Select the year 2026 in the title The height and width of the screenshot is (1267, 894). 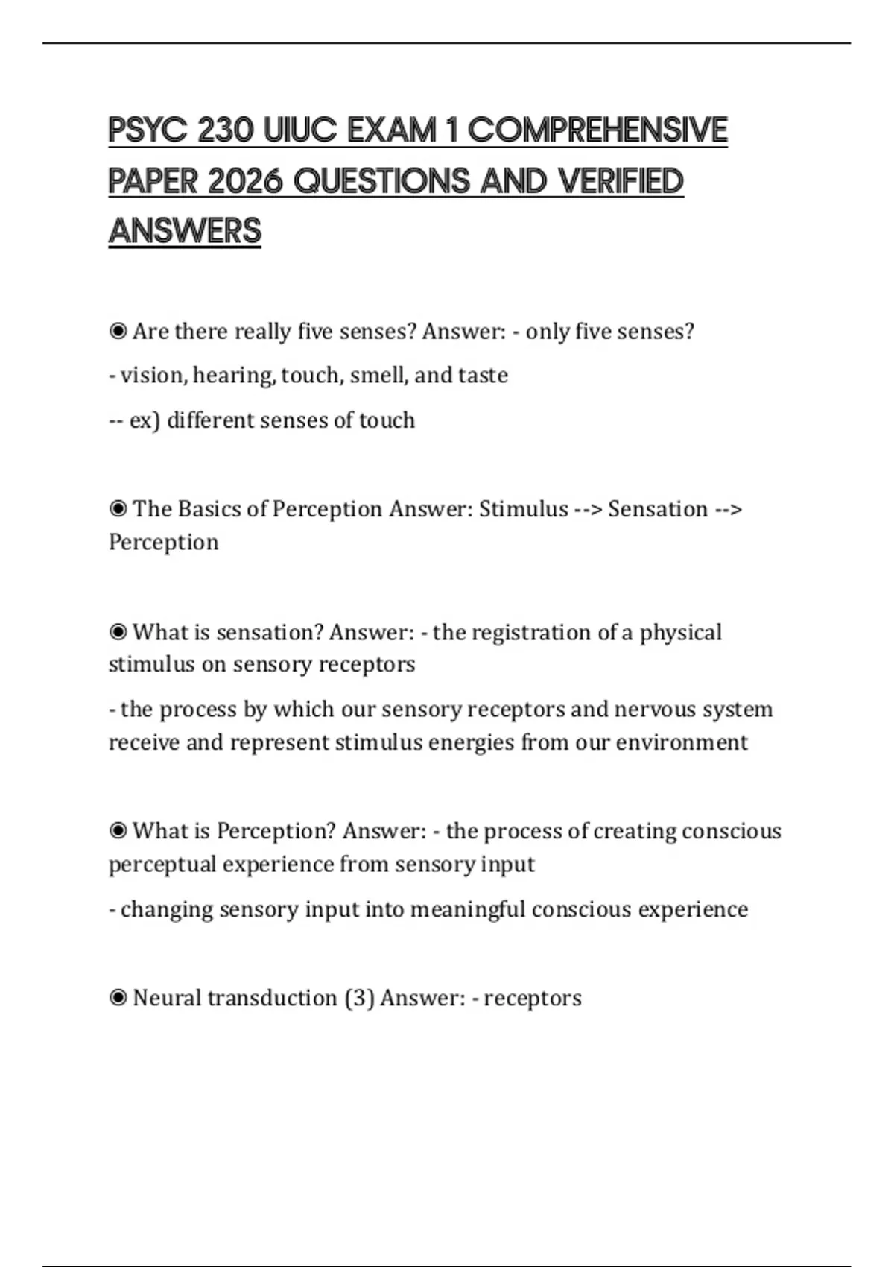[245, 181]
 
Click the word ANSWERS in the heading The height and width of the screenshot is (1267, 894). [185, 231]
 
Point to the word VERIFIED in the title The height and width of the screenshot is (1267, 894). [621, 181]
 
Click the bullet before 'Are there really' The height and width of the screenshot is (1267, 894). [118, 331]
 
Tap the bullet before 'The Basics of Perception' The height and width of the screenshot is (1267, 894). [118, 508]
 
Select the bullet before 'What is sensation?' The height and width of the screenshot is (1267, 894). [118, 632]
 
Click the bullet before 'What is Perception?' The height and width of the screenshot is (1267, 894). [118, 830]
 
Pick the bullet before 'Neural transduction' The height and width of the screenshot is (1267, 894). [118, 997]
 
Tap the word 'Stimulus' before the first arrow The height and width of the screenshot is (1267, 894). [523, 508]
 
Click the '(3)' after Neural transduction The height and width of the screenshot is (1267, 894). [359, 997]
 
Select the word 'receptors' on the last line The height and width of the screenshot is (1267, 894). [532, 997]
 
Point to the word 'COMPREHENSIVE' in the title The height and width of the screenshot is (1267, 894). [597, 130]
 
